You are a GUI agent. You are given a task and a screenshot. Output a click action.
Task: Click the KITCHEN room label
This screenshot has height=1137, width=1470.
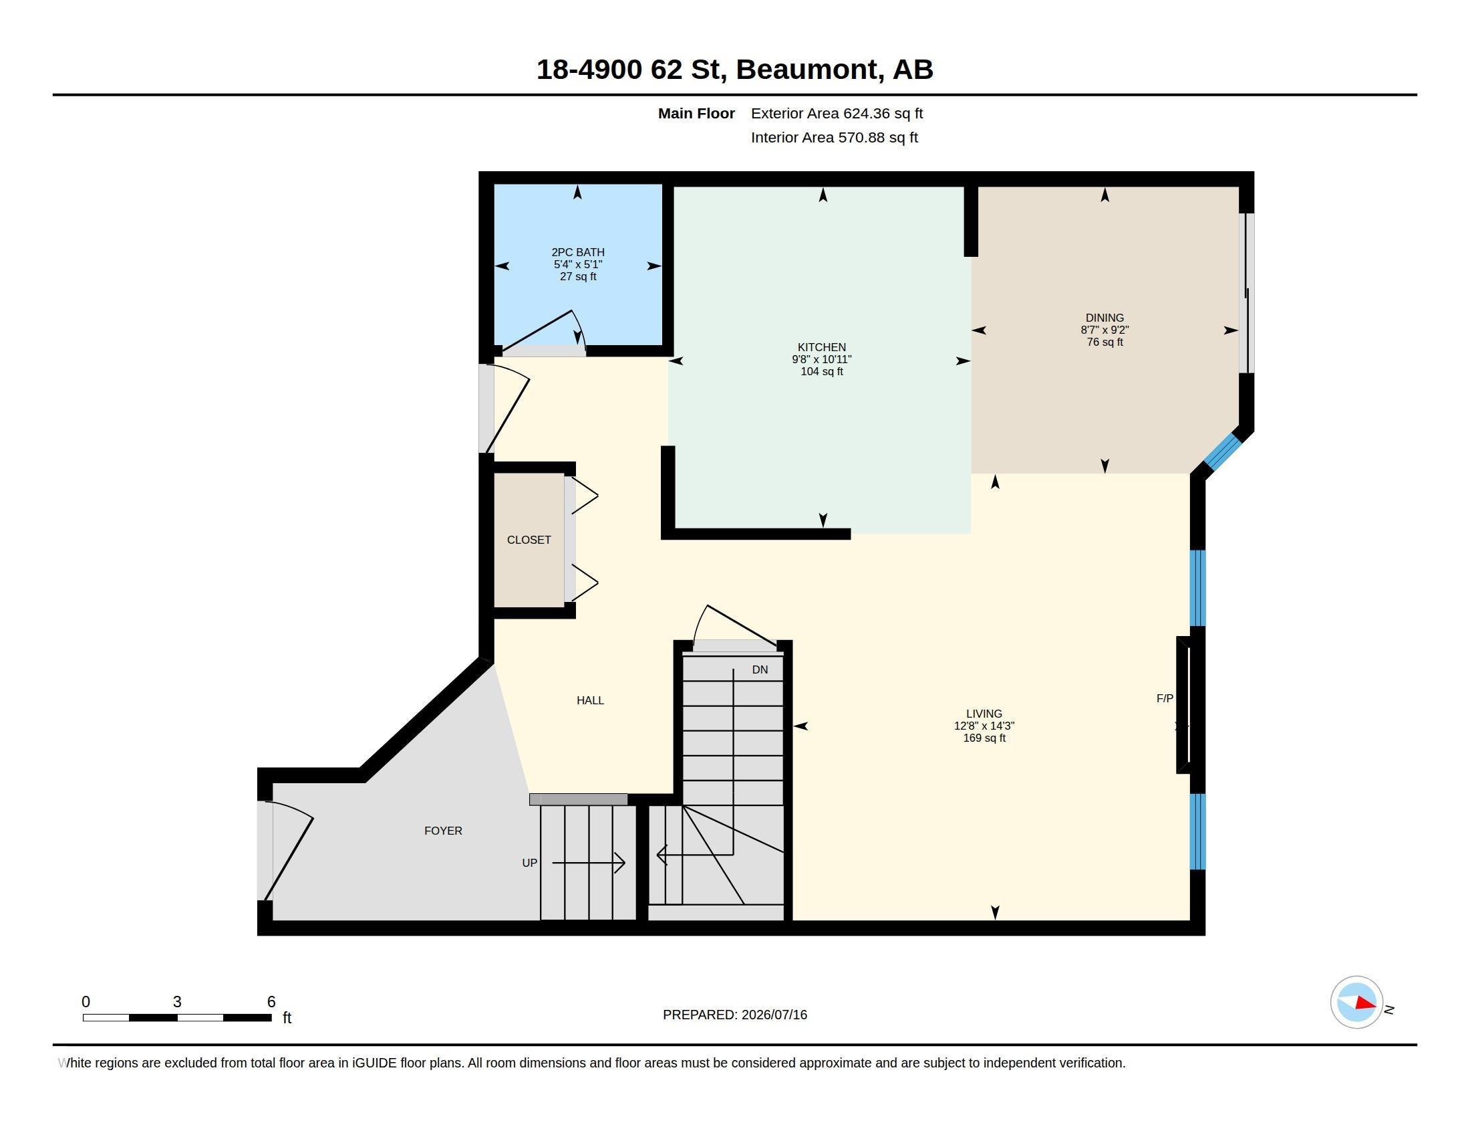pos(821,348)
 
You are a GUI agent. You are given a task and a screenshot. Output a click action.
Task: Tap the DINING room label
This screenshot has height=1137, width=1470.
pos(1105,318)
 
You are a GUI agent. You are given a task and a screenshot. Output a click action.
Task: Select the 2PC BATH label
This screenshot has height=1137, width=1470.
pos(578,253)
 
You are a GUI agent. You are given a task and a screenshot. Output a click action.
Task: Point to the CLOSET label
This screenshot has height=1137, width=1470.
pos(529,540)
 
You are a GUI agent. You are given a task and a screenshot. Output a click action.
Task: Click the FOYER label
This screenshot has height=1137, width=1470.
pos(443,831)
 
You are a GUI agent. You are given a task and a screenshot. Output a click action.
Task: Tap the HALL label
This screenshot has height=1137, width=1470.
pos(590,700)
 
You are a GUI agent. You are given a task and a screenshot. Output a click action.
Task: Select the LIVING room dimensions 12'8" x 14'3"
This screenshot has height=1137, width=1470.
pos(984,726)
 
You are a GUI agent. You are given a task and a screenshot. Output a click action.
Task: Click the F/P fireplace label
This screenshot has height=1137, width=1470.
pos(1165,698)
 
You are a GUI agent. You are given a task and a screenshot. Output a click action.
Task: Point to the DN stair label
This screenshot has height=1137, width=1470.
pos(760,669)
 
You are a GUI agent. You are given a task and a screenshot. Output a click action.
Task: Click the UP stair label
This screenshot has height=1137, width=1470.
pos(530,863)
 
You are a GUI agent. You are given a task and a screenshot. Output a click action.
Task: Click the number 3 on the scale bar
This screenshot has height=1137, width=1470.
pos(177,1002)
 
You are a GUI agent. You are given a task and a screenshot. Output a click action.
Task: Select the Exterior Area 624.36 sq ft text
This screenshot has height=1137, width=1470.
pos(837,114)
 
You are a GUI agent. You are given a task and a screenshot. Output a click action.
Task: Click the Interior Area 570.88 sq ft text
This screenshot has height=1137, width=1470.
pos(834,138)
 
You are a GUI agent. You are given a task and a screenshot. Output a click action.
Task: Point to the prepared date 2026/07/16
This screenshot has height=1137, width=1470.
pos(774,1015)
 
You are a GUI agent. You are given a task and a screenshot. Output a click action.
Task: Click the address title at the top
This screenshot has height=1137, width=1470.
pos(734,70)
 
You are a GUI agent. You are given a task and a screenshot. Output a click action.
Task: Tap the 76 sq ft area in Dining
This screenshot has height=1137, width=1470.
pos(1105,342)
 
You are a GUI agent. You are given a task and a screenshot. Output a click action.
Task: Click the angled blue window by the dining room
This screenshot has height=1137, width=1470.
pos(1221,452)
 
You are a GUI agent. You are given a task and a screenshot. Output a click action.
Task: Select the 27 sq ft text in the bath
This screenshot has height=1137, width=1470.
pos(578,277)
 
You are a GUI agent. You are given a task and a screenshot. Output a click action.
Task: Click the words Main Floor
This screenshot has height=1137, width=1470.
pos(696,114)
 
